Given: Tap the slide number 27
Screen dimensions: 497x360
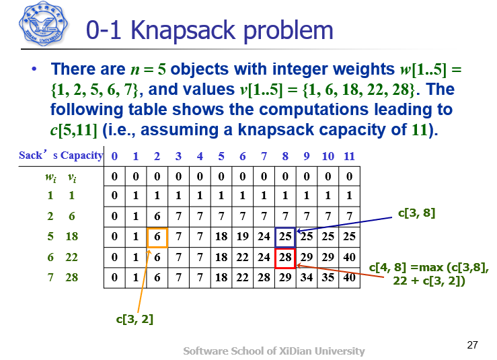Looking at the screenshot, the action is coord(472,345).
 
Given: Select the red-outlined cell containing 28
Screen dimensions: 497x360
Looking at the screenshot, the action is coord(285,258).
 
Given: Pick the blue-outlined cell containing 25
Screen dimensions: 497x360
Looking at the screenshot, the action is coord(285,237).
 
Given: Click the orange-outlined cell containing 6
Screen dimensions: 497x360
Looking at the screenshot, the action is coord(157,237).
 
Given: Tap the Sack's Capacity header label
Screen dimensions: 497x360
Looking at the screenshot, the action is coord(61,156).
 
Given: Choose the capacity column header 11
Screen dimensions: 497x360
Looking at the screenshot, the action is coord(349,156).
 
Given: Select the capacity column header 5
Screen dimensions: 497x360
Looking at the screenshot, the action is coord(221,156).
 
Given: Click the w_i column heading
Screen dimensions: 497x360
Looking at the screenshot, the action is coord(49,177).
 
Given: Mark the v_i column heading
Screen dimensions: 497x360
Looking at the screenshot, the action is coord(71,177).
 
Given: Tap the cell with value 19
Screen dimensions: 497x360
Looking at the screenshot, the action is coord(243,237).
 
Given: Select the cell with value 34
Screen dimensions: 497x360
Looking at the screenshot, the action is coord(307,278).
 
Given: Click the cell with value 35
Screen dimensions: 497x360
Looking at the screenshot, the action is coord(328,278).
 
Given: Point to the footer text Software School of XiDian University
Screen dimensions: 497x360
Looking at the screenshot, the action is coord(274,351).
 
